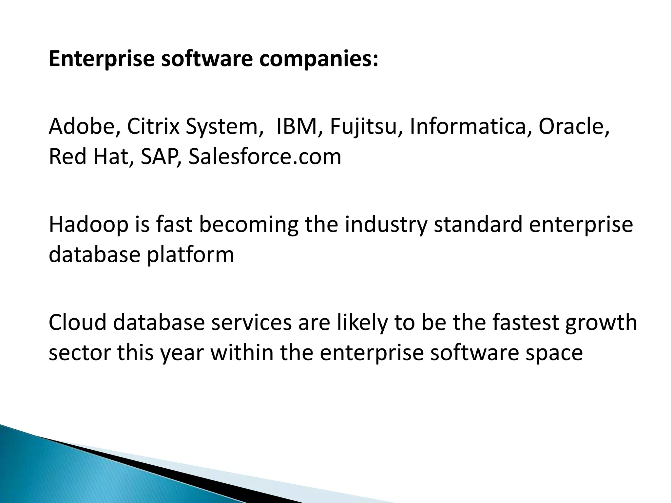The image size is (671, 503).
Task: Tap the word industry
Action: click(386, 225)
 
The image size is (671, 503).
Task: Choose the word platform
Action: click(190, 255)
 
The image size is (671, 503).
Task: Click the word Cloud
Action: click(78, 323)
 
